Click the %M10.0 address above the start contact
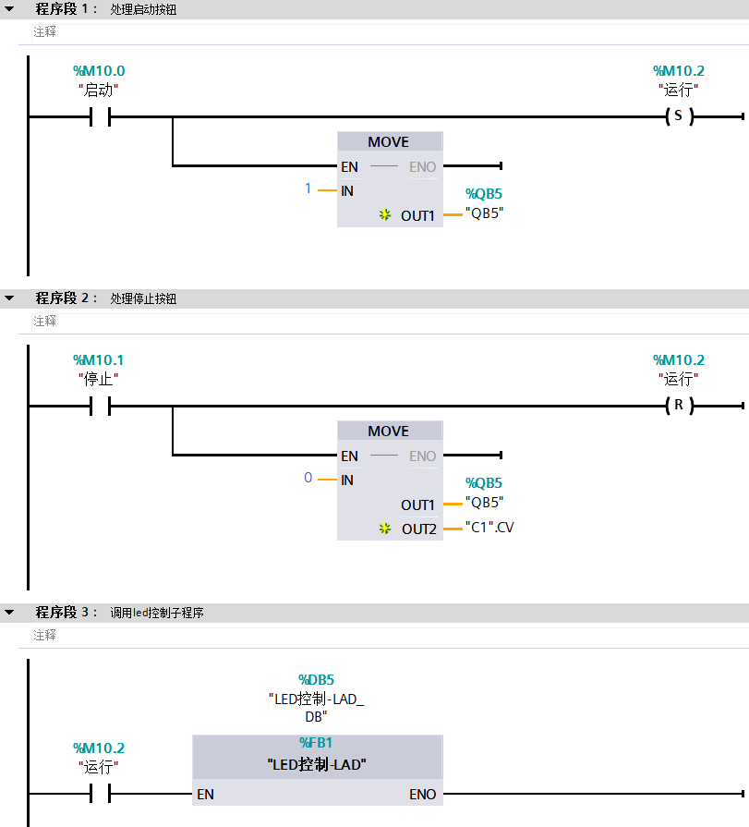click(x=99, y=71)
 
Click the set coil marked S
click(x=679, y=117)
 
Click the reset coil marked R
click(x=679, y=406)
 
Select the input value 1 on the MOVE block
click(x=308, y=189)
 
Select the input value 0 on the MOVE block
click(x=308, y=479)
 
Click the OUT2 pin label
click(x=418, y=529)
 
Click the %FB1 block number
click(x=317, y=743)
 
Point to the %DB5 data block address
click(x=317, y=680)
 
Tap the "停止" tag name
click(x=99, y=379)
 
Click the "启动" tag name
click(x=99, y=91)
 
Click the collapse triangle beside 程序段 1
click(x=9, y=9)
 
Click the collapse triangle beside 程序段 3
click(x=9, y=613)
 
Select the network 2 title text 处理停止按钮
click(x=143, y=299)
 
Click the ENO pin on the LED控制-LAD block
click(x=423, y=795)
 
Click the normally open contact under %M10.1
click(x=100, y=406)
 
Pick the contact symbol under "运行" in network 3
click(x=100, y=794)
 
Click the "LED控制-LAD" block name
click(x=317, y=764)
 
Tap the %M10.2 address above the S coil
click(x=679, y=71)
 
